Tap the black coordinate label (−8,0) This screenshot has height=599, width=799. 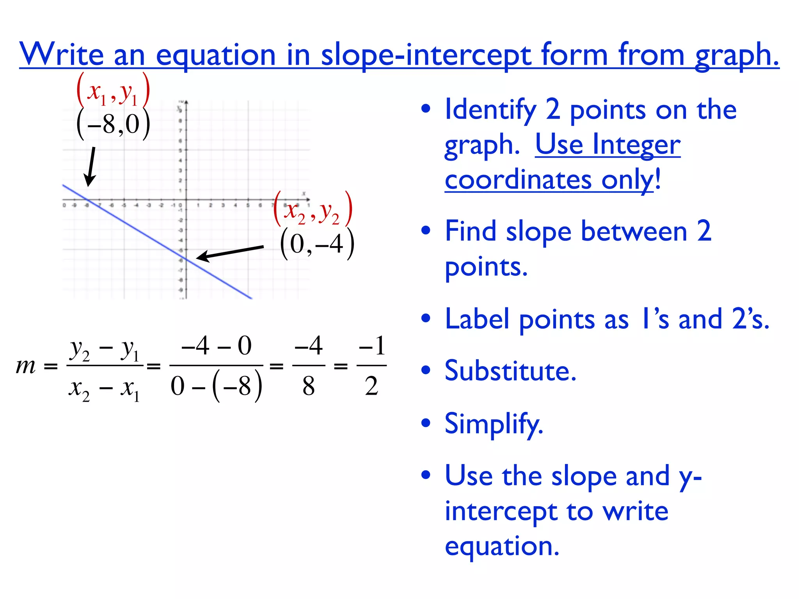pyautogui.click(x=113, y=124)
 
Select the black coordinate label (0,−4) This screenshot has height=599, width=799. pyautogui.click(x=317, y=244)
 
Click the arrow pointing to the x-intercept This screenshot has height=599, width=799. pyautogui.click(x=91, y=167)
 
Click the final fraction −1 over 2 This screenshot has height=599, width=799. pyautogui.click(x=372, y=366)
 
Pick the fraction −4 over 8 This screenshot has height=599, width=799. pyautogui.click(x=309, y=366)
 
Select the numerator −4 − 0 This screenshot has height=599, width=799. pyautogui.click(x=217, y=346)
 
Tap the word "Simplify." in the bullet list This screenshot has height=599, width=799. pyautogui.click(x=494, y=424)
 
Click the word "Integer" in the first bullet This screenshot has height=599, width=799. pyautogui.click(x=636, y=145)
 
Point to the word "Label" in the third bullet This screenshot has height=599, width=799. pyautogui.click(x=477, y=319)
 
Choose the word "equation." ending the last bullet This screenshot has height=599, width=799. pyautogui.click(x=502, y=546)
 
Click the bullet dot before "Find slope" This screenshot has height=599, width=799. pyautogui.click(x=426, y=231)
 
